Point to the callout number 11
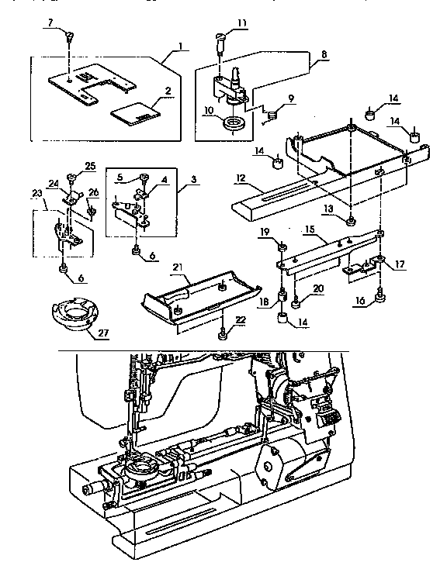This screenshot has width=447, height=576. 243,24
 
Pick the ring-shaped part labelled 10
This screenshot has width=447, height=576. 232,123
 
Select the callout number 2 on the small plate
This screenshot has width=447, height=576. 168,90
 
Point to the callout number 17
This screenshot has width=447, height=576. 400,264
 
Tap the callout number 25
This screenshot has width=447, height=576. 90,167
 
